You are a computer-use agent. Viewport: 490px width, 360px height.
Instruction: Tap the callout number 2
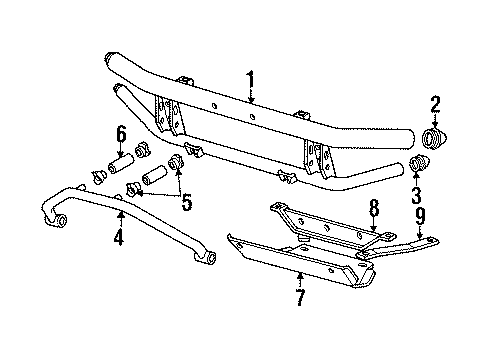[434, 104]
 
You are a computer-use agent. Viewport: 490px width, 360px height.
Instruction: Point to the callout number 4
[119, 238]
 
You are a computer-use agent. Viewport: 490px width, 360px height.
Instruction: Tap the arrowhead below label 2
[434, 124]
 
